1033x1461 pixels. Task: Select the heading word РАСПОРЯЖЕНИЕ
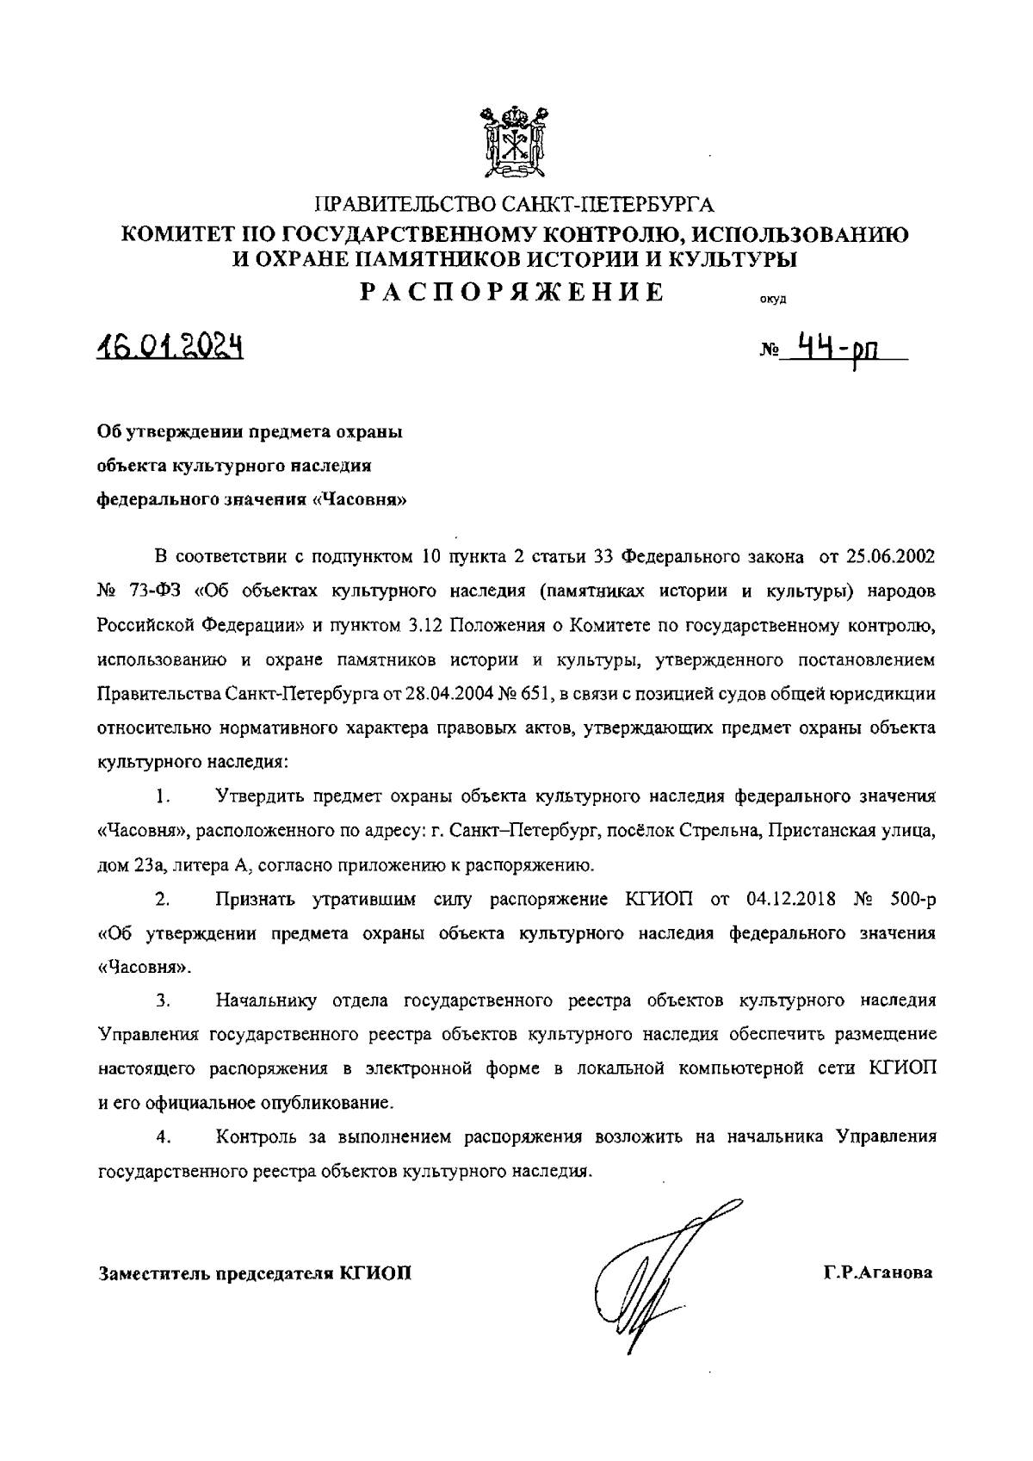513,292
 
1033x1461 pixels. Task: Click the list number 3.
163,1001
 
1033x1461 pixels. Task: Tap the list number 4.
163,1137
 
